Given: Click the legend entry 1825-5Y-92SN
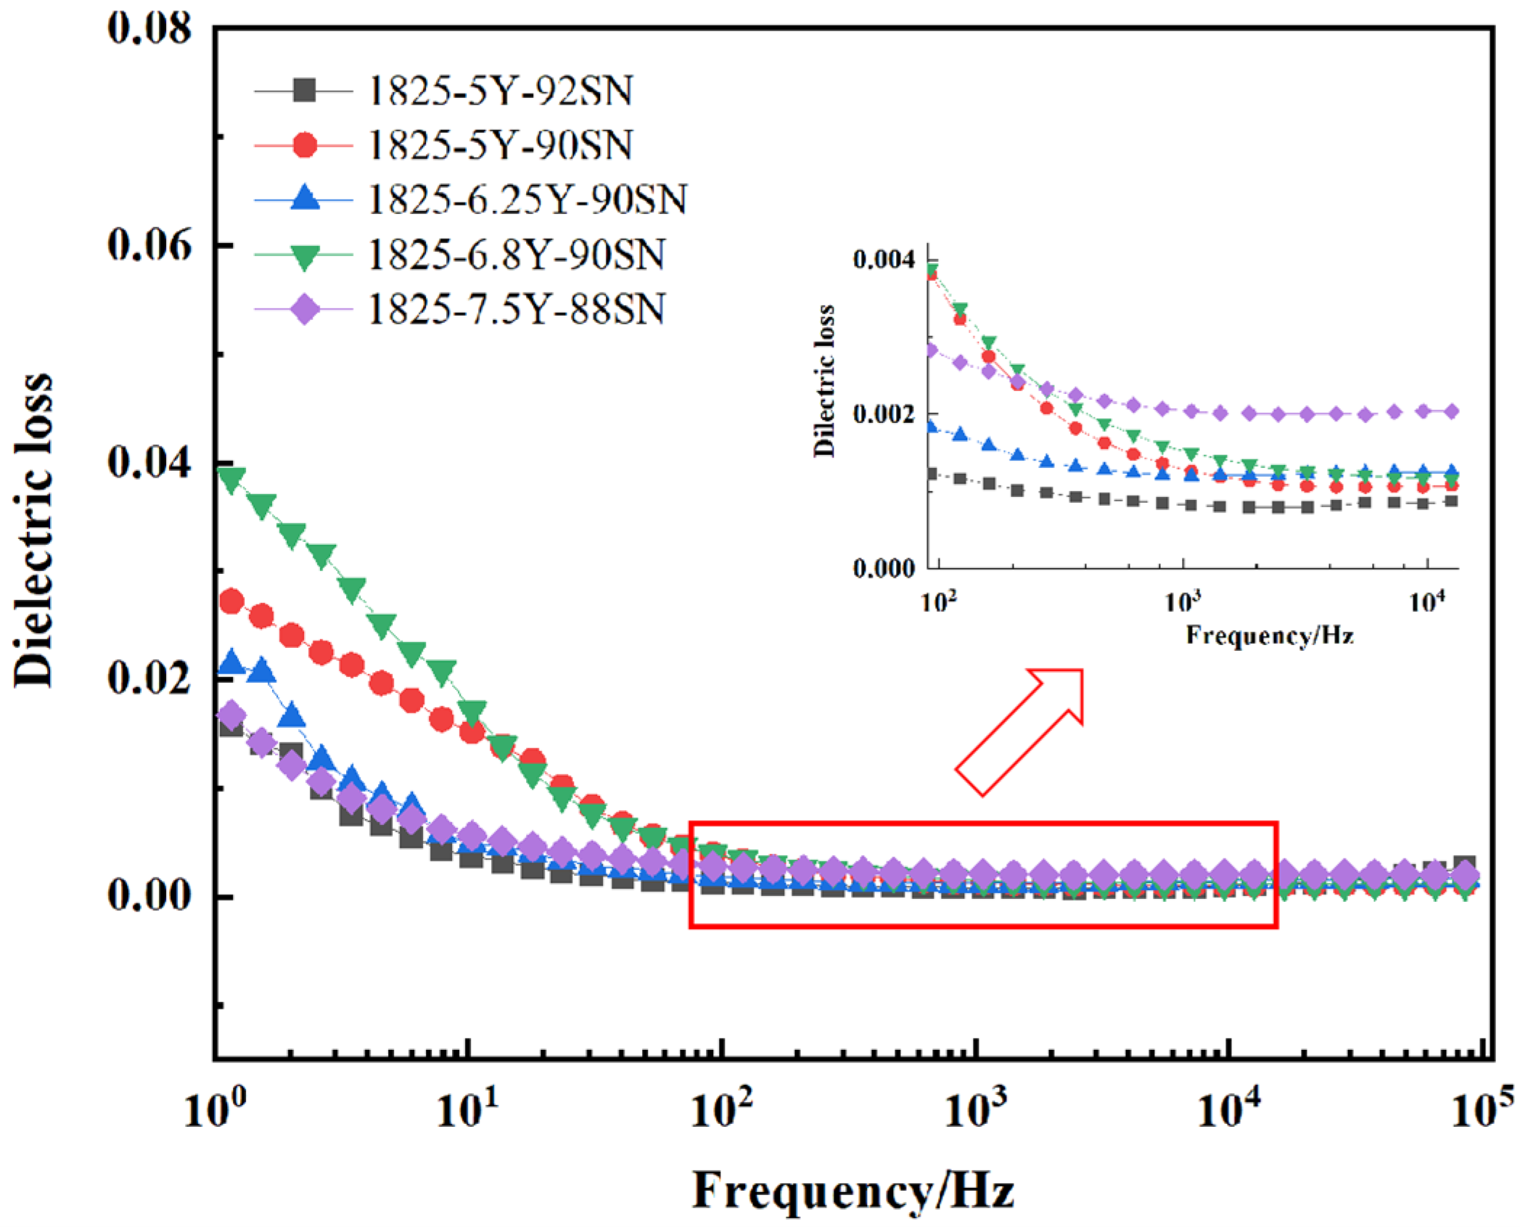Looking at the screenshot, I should point(501,91).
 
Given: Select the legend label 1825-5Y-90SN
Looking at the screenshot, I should point(501,145).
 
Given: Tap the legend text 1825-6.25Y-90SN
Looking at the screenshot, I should point(527,200).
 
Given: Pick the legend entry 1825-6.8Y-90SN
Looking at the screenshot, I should point(517,255).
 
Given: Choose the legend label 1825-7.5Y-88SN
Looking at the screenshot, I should point(517,309).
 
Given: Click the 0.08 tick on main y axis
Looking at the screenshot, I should point(149,29).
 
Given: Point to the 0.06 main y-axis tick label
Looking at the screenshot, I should point(149,245).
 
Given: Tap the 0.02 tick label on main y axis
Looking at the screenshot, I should point(149,677).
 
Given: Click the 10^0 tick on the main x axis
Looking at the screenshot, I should point(215,1108).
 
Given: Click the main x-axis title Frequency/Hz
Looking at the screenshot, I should point(853,1191).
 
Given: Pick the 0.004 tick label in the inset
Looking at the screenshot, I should point(884,260).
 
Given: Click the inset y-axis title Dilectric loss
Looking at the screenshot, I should point(824,381).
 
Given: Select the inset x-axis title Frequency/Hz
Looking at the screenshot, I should point(1270,636).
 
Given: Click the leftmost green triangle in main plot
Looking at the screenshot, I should point(231,480).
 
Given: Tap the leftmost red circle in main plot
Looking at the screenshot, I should point(231,602).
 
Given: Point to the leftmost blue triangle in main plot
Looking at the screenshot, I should point(231,662).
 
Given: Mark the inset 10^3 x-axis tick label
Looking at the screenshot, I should point(1183,602).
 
